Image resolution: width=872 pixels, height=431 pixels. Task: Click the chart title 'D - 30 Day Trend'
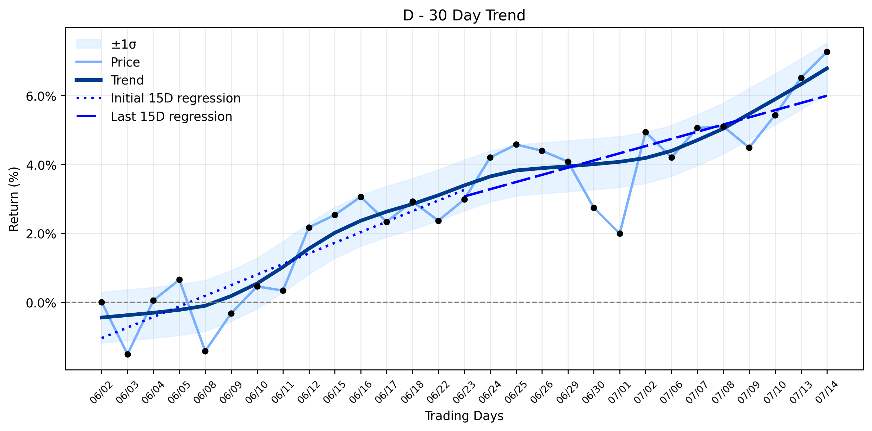(464, 15)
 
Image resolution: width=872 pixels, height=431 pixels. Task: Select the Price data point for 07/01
(620, 233)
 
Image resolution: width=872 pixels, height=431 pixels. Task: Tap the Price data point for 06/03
(128, 354)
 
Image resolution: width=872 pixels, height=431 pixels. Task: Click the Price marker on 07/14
(827, 52)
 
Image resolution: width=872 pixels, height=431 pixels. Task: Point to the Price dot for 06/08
(205, 351)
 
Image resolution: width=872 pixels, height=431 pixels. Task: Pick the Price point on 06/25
(516, 144)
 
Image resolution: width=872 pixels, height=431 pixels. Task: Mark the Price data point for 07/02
(645, 132)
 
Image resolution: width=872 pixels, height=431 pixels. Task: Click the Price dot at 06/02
(101, 302)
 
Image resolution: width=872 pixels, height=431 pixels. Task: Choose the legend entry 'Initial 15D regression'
(175, 98)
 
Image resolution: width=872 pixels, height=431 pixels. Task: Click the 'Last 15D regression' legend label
(172, 117)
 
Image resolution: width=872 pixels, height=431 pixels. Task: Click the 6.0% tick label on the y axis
(41, 96)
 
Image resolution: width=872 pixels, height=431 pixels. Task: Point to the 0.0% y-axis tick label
(41, 303)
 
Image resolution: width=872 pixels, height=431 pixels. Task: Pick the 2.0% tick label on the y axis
(41, 234)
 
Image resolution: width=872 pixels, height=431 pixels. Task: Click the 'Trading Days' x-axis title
(464, 416)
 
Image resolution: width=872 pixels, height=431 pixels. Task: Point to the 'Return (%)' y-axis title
(14, 199)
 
